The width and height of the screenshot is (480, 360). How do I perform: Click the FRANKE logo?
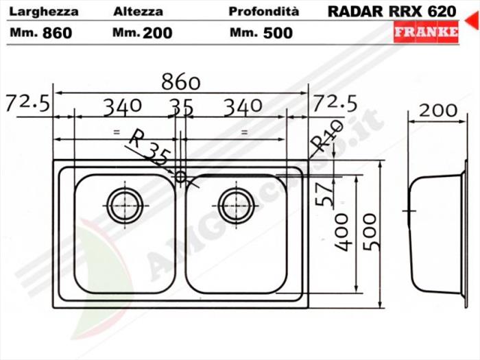click(425, 32)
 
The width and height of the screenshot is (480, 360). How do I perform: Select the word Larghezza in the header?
click(45, 12)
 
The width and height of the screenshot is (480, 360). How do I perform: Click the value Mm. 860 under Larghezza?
click(41, 33)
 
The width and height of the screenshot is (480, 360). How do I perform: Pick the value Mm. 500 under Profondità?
click(261, 33)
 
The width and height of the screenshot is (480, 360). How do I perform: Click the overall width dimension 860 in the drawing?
click(180, 82)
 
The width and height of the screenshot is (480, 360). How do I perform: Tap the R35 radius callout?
click(149, 146)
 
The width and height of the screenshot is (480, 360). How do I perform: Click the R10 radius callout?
click(326, 135)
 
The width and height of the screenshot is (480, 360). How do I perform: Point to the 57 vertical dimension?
click(328, 193)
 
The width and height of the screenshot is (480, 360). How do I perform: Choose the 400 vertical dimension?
click(342, 232)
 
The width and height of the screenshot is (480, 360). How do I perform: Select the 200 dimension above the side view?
click(437, 110)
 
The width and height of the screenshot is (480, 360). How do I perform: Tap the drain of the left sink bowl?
click(125, 203)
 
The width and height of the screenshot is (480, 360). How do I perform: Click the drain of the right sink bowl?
click(237, 203)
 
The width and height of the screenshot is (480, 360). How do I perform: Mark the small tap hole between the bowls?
click(181, 177)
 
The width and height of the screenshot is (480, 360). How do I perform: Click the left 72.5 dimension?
click(27, 104)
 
